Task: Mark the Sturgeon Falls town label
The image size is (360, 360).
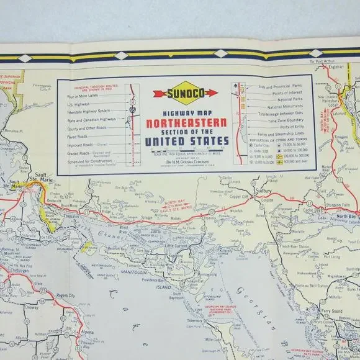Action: point(338,204)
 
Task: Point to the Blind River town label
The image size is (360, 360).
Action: point(112,227)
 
